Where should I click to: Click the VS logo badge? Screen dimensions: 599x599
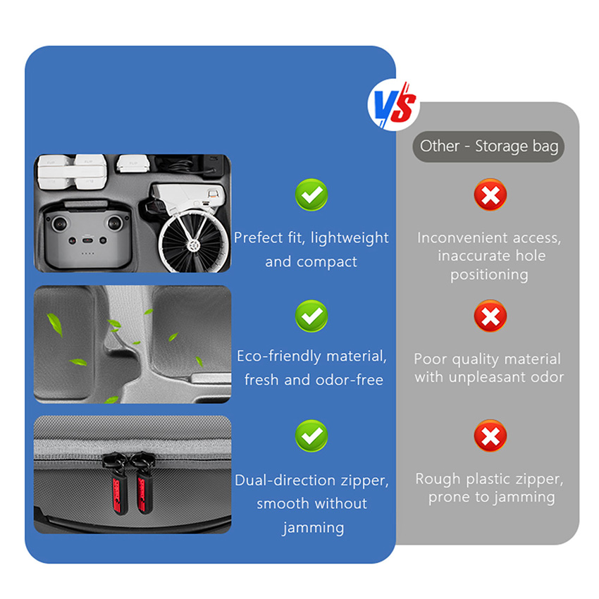393,105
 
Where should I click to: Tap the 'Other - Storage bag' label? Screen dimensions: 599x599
488,147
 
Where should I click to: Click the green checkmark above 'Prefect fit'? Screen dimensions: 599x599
311,194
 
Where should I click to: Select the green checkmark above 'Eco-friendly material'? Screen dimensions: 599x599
311,316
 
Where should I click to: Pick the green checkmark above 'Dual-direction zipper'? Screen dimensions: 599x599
311,436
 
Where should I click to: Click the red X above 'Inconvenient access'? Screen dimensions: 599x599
490,194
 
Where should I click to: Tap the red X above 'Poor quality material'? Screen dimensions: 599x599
490,316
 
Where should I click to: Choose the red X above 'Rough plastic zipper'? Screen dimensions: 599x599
490,436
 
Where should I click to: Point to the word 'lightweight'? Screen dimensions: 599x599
350,238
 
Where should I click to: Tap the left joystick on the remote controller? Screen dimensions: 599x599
60,223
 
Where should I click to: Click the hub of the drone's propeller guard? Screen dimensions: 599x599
194,245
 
